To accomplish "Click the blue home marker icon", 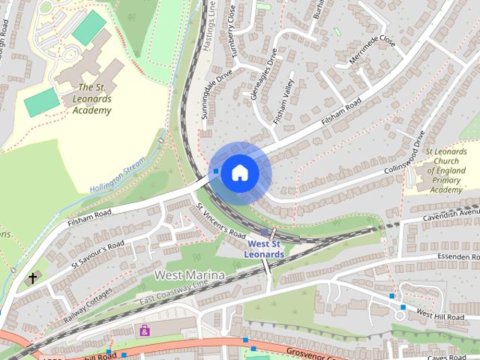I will [x=239, y=172].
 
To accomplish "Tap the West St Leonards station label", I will [x=265, y=249].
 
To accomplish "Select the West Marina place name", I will [x=189, y=276].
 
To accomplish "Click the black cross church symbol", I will [x=32, y=278].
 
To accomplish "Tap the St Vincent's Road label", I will [x=220, y=221].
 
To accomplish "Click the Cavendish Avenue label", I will [x=451, y=215].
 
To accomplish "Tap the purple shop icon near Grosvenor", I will [x=145, y=330].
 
